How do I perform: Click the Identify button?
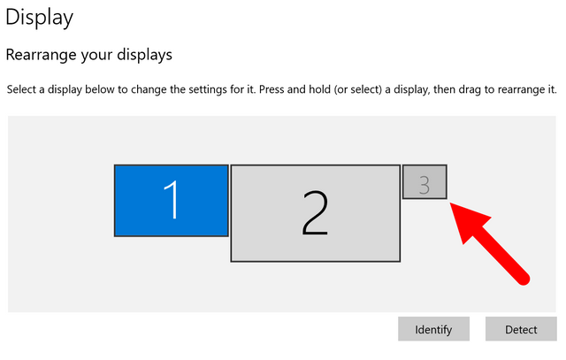tap(433, 329)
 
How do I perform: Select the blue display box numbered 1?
tap(171, 201)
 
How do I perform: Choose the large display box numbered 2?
tap(316, 213)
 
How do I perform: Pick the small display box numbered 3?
tap(424, 182)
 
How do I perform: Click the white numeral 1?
tap(172, 200)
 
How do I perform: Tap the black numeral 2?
tap(315, 214)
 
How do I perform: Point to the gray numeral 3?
tap(424, 185)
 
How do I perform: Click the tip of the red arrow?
tap(450, 203)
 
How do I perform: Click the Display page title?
tap(39, 18)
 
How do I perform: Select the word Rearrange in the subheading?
tap(42, 55)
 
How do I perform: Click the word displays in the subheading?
tap(144, 55)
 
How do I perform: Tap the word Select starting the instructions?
tap(21, 89)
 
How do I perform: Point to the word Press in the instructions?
tap(272, 89)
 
